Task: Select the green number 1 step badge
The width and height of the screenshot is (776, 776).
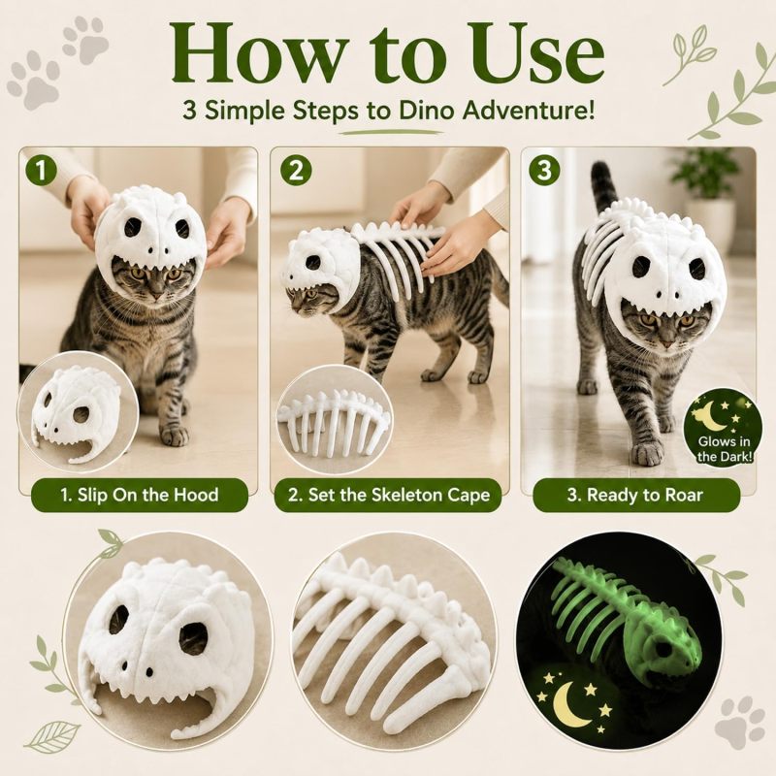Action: coord(41,171)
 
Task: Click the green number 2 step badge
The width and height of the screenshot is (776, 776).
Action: coord(296,171)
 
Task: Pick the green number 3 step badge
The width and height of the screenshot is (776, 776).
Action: coord(544,171)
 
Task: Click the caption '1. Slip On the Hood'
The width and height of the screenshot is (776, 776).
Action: coord(140,495)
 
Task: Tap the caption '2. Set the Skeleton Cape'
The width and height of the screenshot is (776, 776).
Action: coord(389,495)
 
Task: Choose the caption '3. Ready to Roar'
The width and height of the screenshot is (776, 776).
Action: coord(635,495)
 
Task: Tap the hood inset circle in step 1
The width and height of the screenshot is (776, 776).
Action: coord(78,409)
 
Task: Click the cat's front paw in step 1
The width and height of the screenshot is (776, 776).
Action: coord(175,436)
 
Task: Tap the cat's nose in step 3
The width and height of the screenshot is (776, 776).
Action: coord(666,342)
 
